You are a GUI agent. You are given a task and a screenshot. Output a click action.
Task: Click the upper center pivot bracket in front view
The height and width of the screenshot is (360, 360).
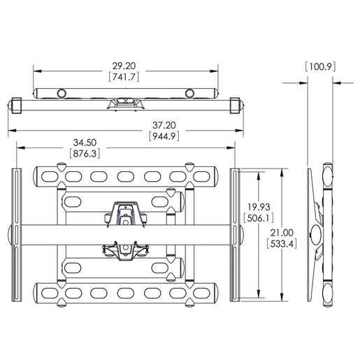click(x=124, y=213)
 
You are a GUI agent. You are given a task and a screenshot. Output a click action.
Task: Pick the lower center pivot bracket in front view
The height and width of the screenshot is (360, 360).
click(x=125, y=252)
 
